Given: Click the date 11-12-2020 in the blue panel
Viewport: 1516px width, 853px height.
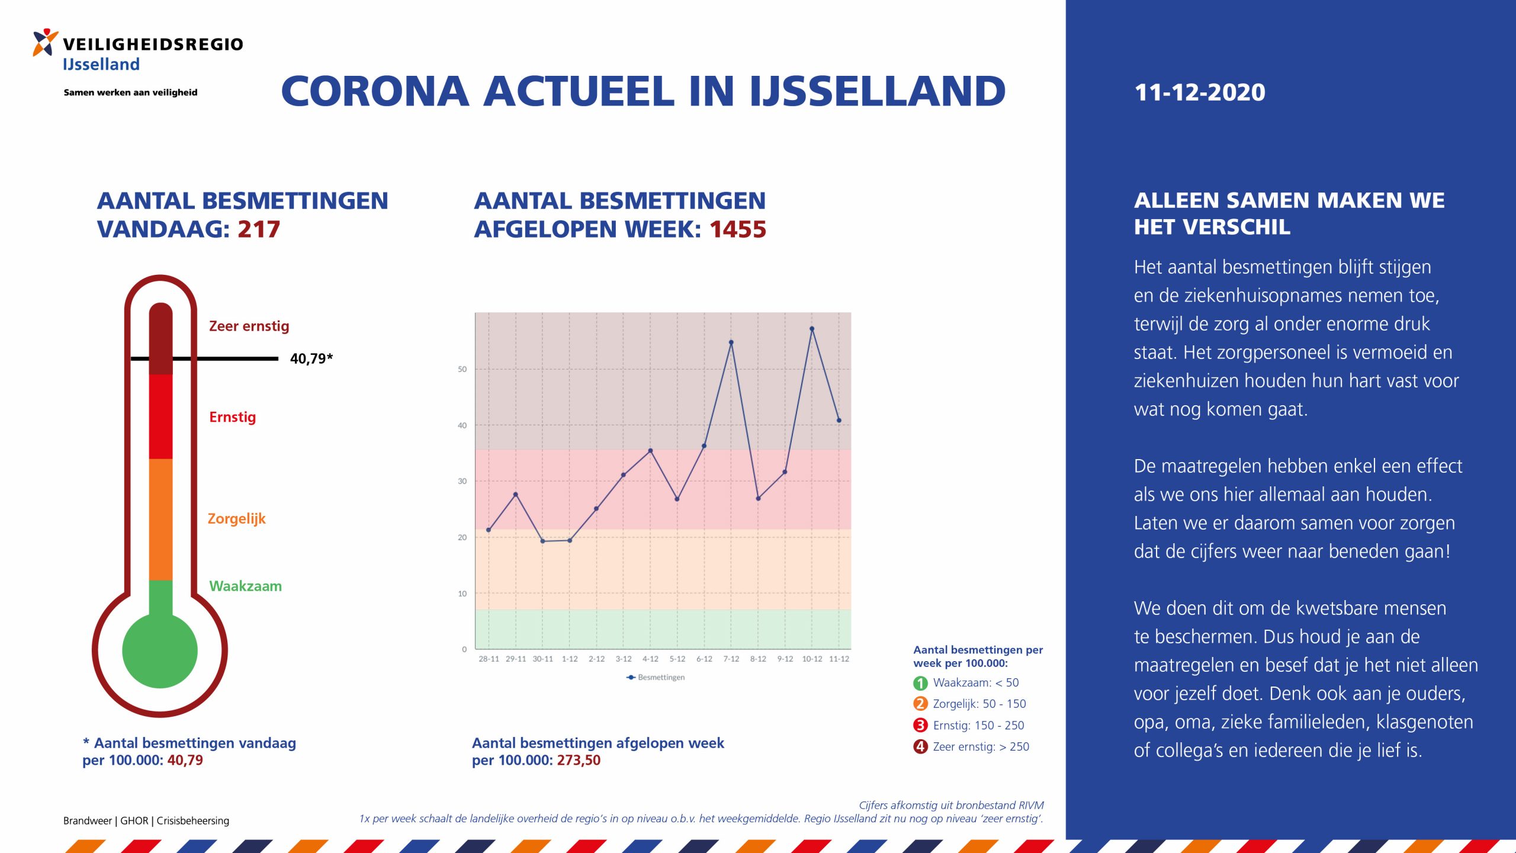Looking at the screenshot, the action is [x=1200, y=92].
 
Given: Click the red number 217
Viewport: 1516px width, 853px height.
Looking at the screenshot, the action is [x=259, y=229].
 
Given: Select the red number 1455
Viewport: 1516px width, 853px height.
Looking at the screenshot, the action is [x=738, y=229].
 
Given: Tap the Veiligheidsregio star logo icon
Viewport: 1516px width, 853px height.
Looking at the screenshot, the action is [x=46, y=43].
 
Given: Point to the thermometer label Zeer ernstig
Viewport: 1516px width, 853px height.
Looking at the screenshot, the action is [x=249, y=326].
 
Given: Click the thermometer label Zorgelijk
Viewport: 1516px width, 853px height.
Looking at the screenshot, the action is [x=236, y=519].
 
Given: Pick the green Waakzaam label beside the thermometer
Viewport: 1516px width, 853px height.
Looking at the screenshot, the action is [x=245, y=586].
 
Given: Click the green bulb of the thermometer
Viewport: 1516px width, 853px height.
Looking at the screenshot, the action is [x=160, y=650].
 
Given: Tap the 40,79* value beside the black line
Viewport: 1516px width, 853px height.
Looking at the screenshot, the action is [x=311, y=358].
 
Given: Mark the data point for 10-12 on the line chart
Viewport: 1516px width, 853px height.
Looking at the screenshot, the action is [x=812, y=329].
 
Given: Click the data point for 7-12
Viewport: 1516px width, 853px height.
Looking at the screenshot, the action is [x=731, y=342].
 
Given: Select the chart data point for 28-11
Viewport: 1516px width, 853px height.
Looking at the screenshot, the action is [x=489, y=530].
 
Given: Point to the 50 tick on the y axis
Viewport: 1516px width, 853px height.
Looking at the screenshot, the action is [x=462, y=369].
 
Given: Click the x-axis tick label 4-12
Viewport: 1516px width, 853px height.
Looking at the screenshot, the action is [x=650, y=659].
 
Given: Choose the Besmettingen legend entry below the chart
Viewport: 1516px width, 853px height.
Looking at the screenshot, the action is [x=656, y=677].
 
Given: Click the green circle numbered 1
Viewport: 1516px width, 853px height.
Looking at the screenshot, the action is [x=920, y=683].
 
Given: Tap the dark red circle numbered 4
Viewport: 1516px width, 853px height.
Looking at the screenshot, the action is [x=920, y=747].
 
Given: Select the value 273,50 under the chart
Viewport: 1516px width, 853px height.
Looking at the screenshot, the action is [x=579, y=761].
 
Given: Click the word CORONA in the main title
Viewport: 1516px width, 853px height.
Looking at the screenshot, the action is [x=375, y=92].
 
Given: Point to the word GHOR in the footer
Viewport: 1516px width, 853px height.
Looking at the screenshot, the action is [x=134, y=821].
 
